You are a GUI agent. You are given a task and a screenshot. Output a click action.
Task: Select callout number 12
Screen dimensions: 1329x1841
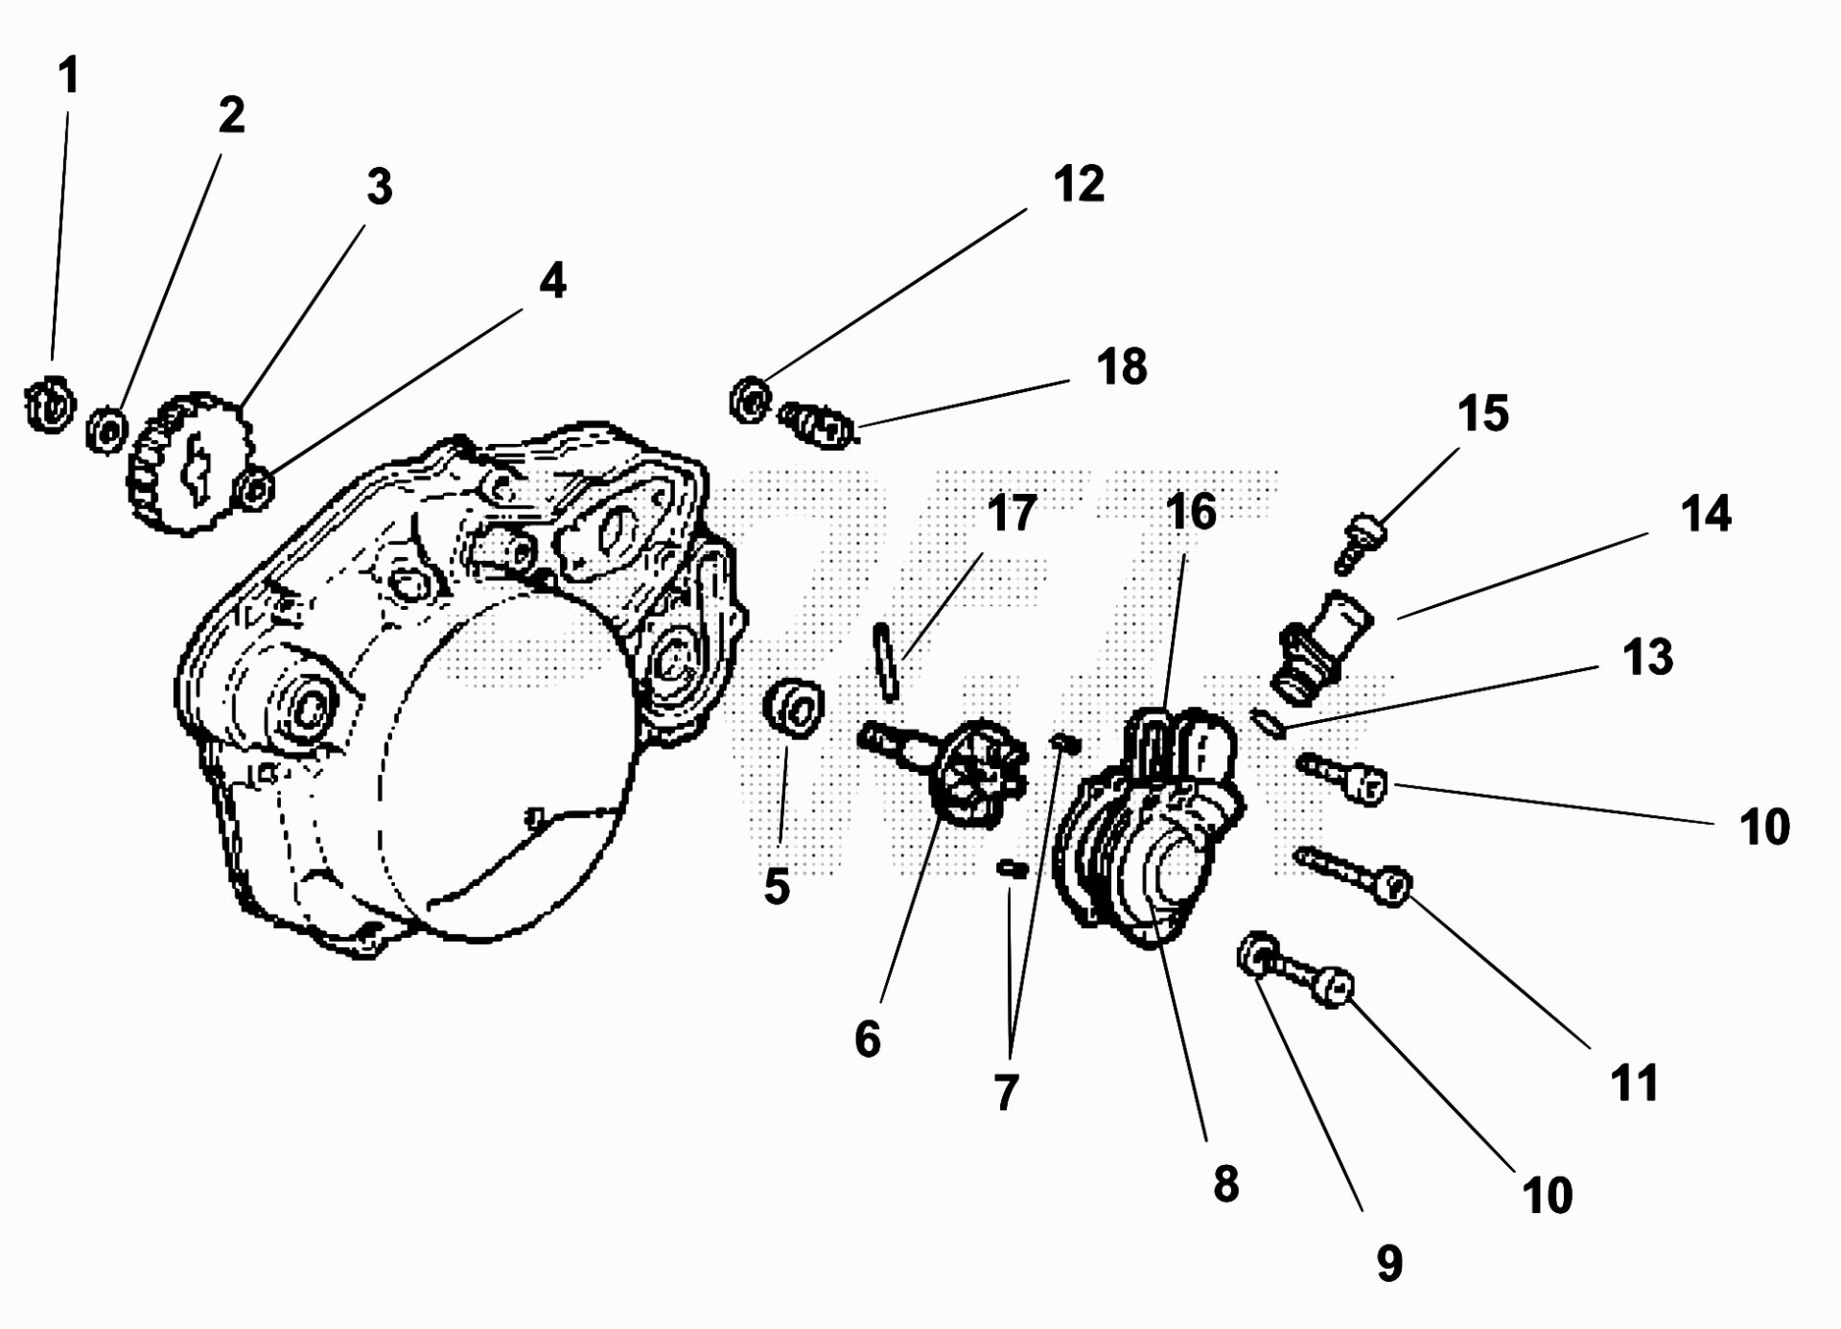[x=1079, y=184]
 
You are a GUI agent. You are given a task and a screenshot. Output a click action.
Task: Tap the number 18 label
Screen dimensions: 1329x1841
[x=1121, y=367]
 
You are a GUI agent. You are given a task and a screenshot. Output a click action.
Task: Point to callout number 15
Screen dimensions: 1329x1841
[x=1482, y=413]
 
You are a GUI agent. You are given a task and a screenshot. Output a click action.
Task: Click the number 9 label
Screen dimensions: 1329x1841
[x=1389, y=1263]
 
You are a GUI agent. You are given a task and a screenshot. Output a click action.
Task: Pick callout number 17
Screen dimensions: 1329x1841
[x=1012, y=514]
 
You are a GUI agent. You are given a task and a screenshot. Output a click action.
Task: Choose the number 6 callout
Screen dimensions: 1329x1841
[x=867, y=1038]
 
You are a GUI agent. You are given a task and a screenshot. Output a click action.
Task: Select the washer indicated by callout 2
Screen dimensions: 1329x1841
[x=105, y=429]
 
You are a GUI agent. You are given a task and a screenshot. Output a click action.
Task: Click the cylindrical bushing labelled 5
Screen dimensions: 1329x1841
[x=794, y=708]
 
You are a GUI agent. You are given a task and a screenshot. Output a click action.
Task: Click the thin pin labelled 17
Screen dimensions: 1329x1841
[x=886, y=662]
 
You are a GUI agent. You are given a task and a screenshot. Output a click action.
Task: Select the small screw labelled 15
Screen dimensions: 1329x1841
[x=1357, y=542]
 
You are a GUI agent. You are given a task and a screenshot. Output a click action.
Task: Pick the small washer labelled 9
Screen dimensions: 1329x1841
[x=1255, y=953]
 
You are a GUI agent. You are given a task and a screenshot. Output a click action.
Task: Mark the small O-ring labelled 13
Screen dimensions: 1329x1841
[x=1268, y=722]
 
